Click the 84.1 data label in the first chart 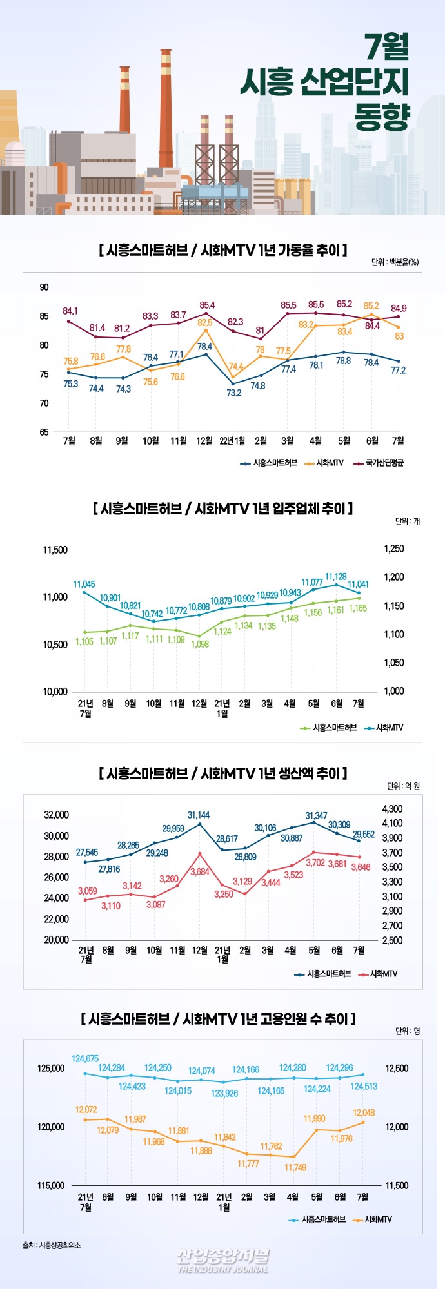(70, 311)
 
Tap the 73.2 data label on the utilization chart (233, 393)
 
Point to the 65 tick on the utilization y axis (44, 432)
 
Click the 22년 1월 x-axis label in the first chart (232, 441)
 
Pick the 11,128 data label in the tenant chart (336, 576)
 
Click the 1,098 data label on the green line (200, 644)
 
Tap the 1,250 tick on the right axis (393, 548)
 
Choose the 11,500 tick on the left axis (55, 550)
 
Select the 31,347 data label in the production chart (316, 815)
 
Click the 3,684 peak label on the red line (200, 871)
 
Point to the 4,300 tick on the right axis (391, 809)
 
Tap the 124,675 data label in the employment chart (85, 1058)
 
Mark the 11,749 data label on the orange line (295, 1167)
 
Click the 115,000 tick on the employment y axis (51, 1185)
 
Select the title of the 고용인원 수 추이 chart (218, 1018)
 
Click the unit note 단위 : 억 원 (403, 786)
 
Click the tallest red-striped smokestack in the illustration (166, 106)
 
